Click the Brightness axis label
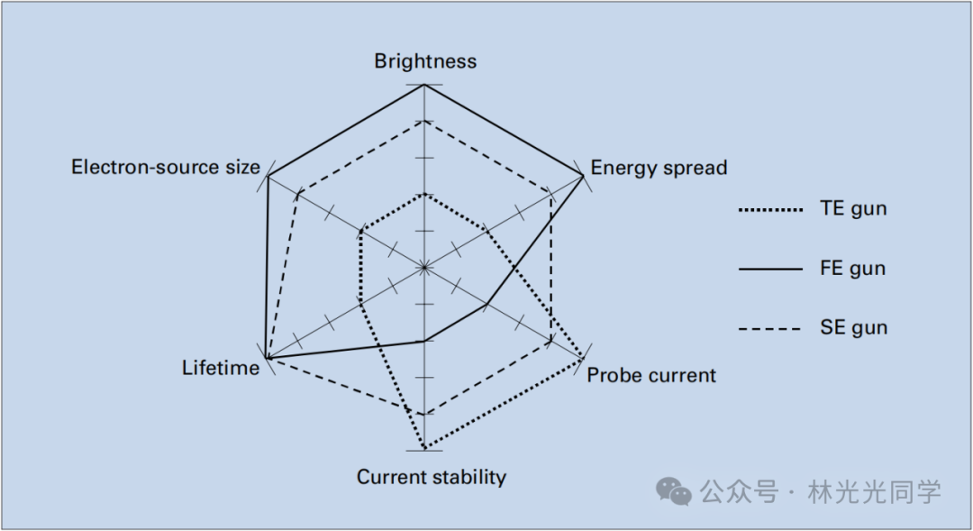[x=425, y=61]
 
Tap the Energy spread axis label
[x=659, y=168]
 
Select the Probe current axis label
[x=651, y=375]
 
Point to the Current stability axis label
[x=432, y=477]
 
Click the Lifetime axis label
[x=221, y=368]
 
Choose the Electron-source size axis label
[x=166, y=167]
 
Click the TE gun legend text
[x=853, y=208]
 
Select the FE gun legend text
[x=852, y=269]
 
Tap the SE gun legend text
[x=853, y=327]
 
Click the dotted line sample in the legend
[x=770, y=210]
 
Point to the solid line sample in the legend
[x=770, y=269]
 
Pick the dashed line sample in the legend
[x=770, y=328]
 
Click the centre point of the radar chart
[x=424, y=269]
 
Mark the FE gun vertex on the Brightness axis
[x=424, y=85]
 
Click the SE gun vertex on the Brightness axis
[x=424, y=121]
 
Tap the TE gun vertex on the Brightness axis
[x=424, y=195]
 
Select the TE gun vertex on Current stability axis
[x=424, y=448]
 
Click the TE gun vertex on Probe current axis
[x=583, y=359]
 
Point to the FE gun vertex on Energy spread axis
[x=583, y=177]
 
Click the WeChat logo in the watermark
[x=674, y=491]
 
